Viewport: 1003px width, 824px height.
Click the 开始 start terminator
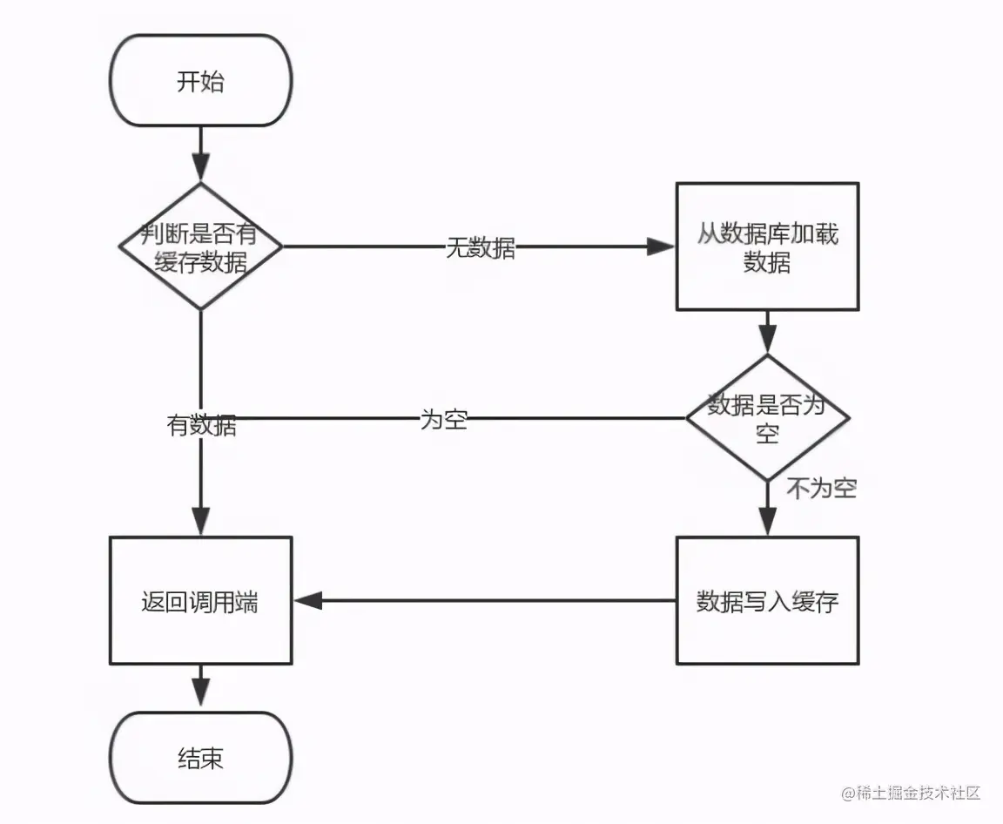click(x=200, y=82)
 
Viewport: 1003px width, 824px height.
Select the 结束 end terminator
click(x=200, y=758)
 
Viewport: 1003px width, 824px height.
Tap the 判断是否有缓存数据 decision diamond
click(x=200, y=247)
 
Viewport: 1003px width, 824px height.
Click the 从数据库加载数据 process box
click(x=767, y=247)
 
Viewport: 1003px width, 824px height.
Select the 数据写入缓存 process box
click(x=767, y=601)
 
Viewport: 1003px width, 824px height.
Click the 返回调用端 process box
click(x=200, y=601)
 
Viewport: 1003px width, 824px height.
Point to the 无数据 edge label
click(x=481, y=247)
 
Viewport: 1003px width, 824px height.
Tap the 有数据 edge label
click(x=201, y=426)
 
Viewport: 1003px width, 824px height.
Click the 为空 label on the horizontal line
click(x=444, y=420)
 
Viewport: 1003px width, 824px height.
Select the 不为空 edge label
click(x=822, y=489)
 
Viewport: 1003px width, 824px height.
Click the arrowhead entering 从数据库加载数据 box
click(x=662, y=247)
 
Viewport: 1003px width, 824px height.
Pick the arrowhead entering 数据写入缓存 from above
click(x=767, y=520)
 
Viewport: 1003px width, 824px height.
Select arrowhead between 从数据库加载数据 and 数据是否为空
click(x=767, y=337)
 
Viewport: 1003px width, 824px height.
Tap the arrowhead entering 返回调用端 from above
click(x=200, y=520)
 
